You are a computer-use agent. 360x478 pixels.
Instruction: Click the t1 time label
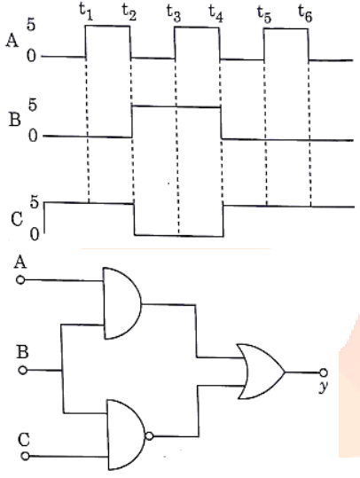point(86,12)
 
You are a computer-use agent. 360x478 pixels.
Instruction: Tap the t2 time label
point(129,12)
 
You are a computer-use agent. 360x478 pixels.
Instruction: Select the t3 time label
point(174,13)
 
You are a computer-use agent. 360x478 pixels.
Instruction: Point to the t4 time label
point(216,13)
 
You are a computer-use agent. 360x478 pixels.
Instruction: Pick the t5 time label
point(264,14)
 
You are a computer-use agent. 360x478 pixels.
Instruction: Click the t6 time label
point(305,13)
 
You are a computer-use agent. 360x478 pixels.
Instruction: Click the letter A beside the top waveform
point(12,41)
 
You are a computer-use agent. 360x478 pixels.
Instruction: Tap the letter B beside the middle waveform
point(15,119)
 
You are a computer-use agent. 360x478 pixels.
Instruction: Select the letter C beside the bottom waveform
point(17,219)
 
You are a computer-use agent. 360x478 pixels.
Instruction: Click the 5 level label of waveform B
point(32,105)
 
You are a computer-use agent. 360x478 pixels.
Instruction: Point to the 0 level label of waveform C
point(35,235)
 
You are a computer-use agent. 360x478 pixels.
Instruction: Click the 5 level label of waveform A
point(31,25)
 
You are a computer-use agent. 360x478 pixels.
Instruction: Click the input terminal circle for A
point(20,280)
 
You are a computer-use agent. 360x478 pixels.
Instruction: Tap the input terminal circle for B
point(23,371)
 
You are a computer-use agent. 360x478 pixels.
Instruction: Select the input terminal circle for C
point(26,456)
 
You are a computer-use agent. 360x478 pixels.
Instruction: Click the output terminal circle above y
point(324,372)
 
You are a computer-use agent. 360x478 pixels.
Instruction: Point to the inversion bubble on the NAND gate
point(149,436)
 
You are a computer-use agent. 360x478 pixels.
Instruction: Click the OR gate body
point(262,372)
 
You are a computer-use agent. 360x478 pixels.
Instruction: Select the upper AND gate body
point(122,303)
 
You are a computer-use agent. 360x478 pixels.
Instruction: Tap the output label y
point(324,387)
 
